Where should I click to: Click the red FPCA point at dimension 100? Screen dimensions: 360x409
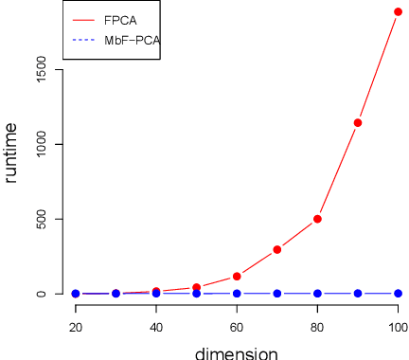tap(398, 12)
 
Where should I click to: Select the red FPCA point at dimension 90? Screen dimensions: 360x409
tap(358, 122)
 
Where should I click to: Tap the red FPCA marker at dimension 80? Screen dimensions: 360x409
tap(317, 219)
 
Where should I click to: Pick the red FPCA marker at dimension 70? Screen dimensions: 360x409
tap(277, 249)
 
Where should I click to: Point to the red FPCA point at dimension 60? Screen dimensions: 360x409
tap(237, 277)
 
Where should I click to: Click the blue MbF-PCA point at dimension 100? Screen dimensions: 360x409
tap(398, 294)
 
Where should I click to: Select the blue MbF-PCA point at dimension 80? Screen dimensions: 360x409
tap(317, 294)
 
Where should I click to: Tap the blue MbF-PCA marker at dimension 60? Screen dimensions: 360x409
tap(237, 294)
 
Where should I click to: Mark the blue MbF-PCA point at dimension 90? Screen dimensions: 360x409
tap(358, 294)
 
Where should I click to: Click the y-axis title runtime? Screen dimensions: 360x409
tap(11, 152)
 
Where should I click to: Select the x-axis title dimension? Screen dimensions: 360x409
tap(237, 353)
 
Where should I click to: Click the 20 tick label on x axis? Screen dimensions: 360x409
tap(76, 327)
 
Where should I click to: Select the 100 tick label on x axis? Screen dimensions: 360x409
tap(398, 327)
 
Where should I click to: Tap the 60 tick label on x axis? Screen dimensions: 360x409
tap(237, 327)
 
